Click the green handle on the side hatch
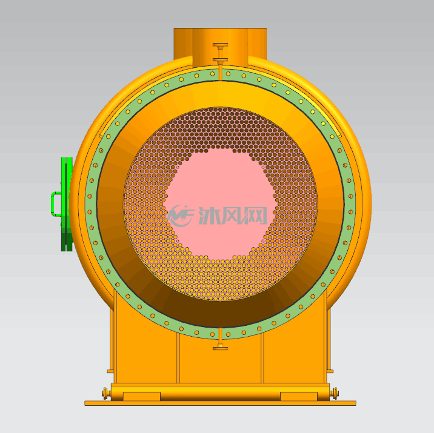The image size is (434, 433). (53, 204)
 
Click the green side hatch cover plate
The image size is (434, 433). (67, 204)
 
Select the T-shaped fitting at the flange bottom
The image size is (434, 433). (220, 340)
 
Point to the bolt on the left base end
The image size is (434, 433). (105, 393)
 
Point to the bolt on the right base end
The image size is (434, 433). (334, 393)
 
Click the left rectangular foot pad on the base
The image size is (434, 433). (141, 396)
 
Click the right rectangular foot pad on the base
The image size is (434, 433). (299, 396)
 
